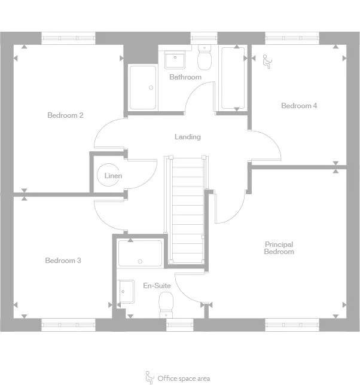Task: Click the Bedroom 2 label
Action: click(65, 115)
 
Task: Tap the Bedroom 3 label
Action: click(63, 261)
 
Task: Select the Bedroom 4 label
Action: click(299, 106)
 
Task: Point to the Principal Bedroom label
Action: click(279, 248)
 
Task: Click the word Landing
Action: click(187, 137)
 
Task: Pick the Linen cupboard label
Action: click(113, 176)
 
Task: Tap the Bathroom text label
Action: click(185, 77)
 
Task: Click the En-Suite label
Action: click(157, 286)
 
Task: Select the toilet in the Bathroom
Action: click(205, 58)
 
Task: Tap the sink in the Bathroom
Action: click(176, 60)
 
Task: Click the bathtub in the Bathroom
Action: click(234, 78)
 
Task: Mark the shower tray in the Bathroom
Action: click(143, 87)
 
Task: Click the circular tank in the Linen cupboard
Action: click(108, 175)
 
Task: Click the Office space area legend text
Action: click(184, 378)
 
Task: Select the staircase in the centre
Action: click(187, 209)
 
